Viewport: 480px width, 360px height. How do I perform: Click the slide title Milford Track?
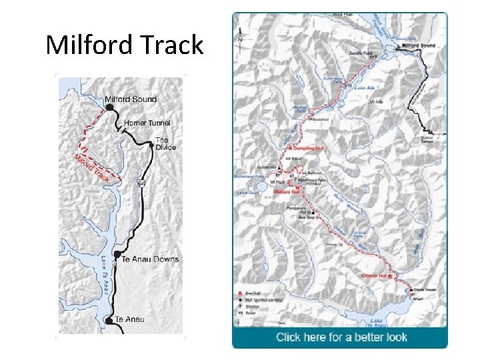[124, 45]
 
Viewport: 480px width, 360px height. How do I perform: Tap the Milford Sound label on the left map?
[131, 99]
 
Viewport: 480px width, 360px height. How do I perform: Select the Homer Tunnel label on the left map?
[147, 123]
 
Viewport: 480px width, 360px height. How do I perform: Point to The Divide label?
[162, 143]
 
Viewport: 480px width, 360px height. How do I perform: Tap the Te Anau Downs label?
[151, 259]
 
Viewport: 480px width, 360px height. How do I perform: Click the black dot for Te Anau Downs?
[117, 255]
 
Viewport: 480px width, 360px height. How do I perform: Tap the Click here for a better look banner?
[341, 337]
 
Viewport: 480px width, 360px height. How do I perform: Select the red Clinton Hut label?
[374, 275]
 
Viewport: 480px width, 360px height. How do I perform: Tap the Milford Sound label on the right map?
[419, 45]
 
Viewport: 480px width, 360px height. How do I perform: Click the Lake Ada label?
[364, 87]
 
